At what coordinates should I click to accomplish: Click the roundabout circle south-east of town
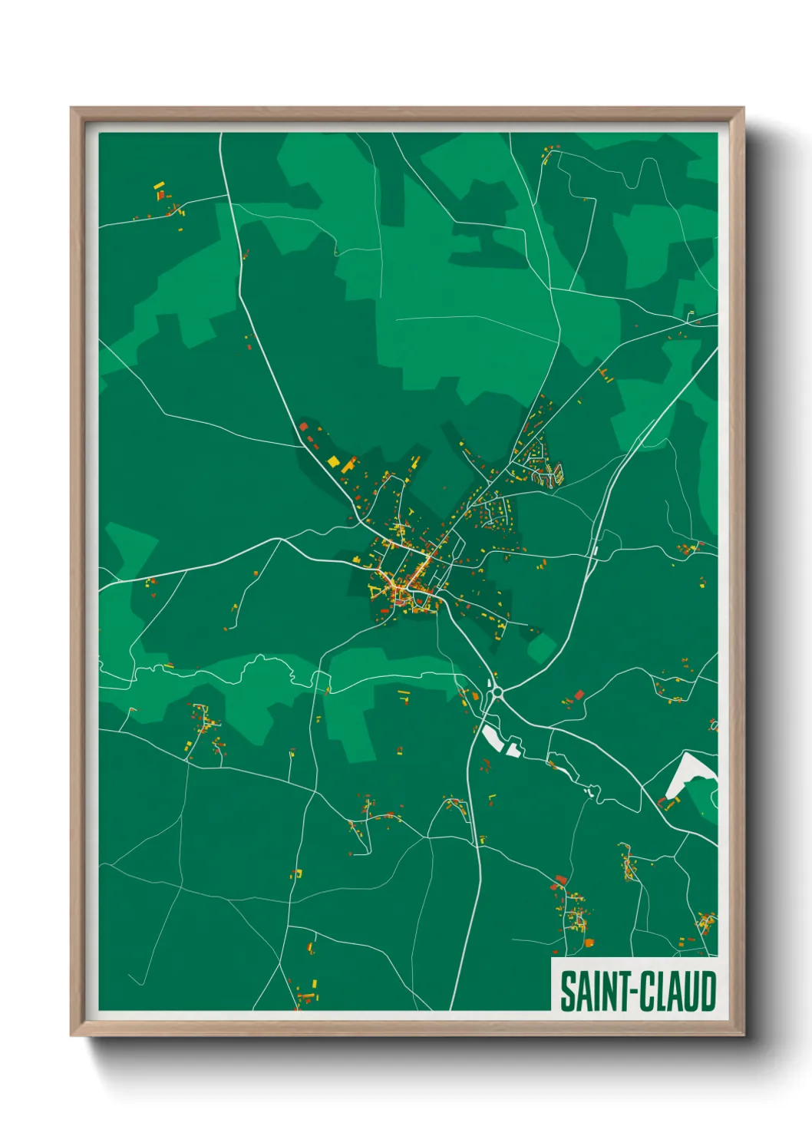coord(497,693)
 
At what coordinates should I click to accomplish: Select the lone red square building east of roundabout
coord(579,694)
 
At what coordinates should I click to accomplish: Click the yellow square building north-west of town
coord(333,461)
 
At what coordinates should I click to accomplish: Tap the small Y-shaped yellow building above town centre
coord(411,510)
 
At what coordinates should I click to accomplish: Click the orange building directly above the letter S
coord(589,943)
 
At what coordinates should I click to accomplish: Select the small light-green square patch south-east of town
coord(543,649)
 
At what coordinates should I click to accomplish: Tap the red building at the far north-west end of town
coord(302,427)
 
